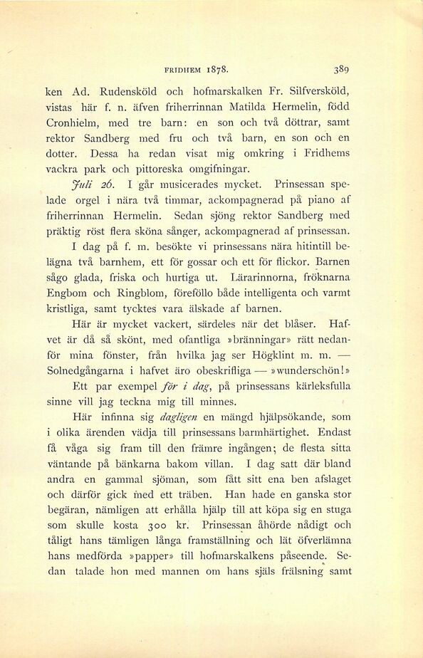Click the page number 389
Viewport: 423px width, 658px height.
click(339, 70)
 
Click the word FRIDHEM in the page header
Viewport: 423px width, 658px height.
click(184, 70)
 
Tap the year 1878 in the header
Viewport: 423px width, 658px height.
click(217, 70)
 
